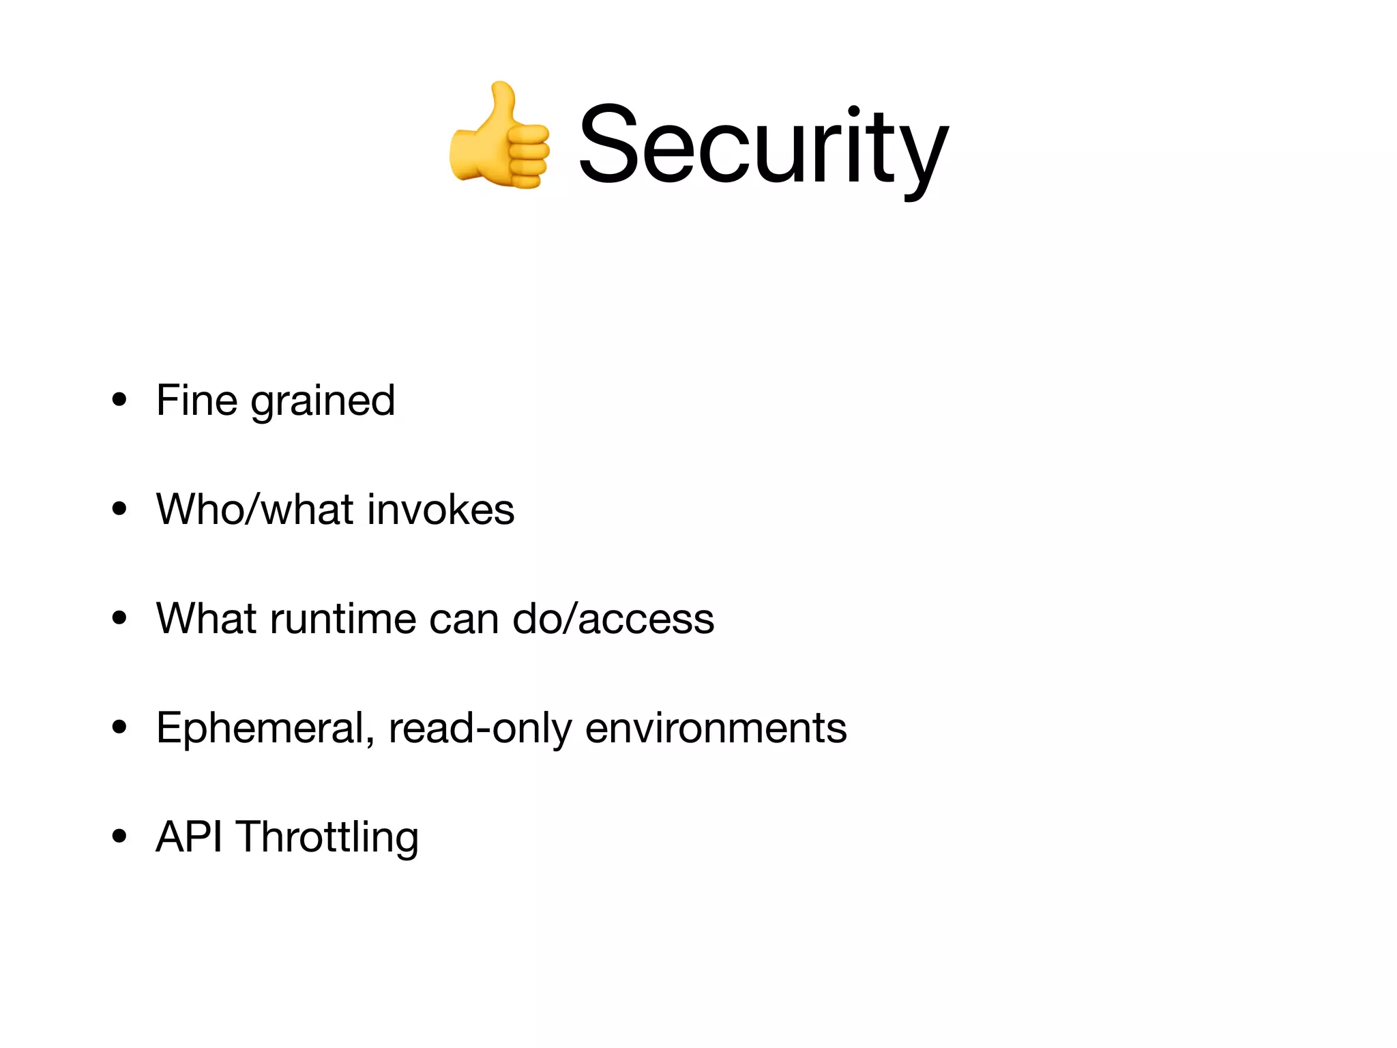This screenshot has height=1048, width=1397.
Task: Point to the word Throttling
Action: [x=327, y=838]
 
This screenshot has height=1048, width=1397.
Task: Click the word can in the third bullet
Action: [x=464, y=620]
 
